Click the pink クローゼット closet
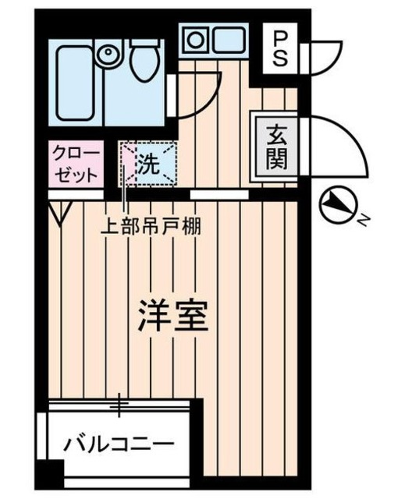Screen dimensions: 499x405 click(75, 162)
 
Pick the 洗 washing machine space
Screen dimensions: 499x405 click(148, 164)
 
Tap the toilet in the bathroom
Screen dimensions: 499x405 click(143, 60)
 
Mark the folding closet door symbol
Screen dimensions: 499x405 click(59, 211)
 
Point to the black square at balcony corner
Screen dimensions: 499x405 click(52, 472)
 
